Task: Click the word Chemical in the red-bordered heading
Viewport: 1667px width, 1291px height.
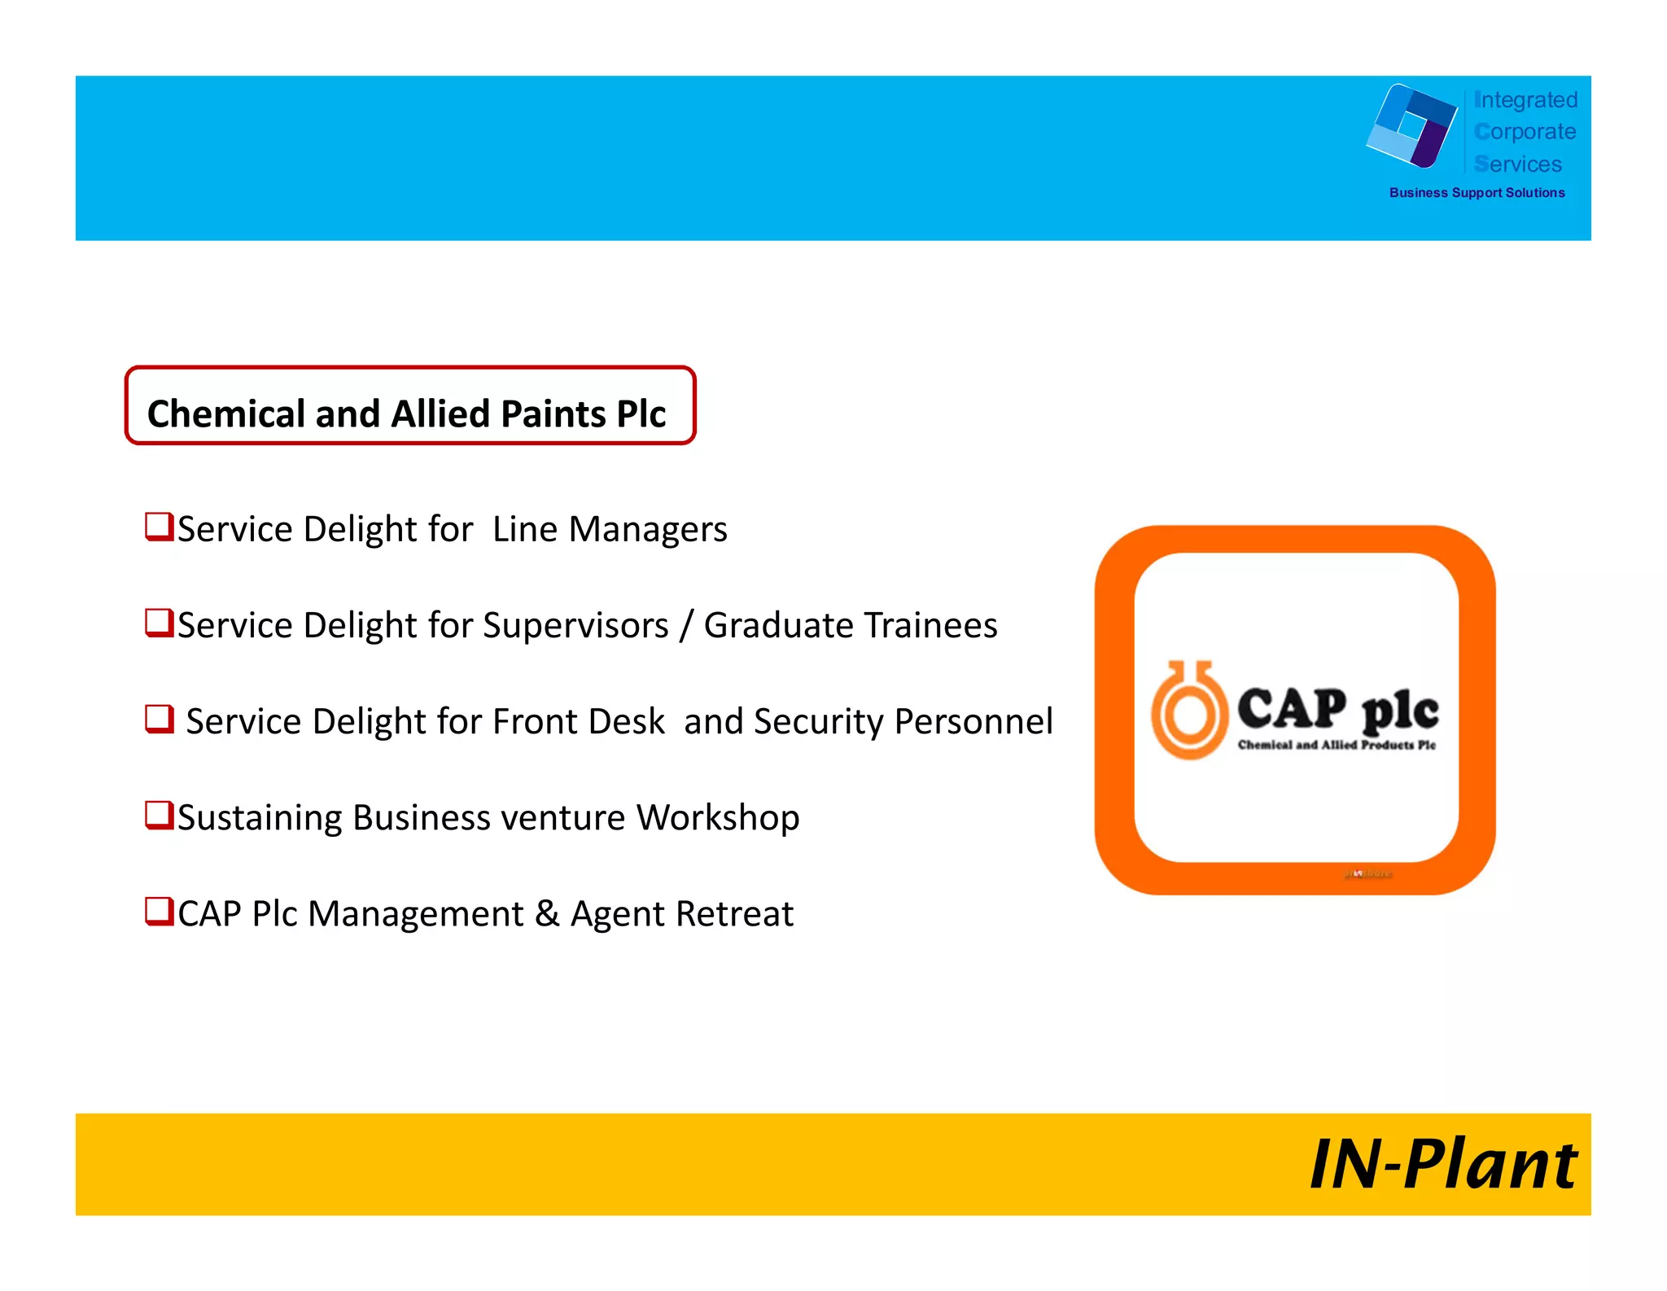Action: tap(225, 414)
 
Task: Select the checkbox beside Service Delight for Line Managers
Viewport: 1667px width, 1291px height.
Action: tap(159, 526)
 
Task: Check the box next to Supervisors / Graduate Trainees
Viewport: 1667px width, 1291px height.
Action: tap(159, 623)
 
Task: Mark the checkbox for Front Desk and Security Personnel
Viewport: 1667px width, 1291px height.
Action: tap(159, 719)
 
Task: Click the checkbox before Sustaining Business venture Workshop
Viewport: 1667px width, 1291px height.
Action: tap(159, 815)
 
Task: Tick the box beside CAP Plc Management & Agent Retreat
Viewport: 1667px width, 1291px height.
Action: tap(159, 911)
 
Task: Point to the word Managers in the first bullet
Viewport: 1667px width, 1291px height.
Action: tap(648, 530)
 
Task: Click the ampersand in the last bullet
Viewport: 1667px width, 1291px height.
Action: tap(547, 913)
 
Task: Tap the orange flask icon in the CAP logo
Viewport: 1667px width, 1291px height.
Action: tap(1188, 711)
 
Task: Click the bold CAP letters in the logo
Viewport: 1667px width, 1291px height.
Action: tap(1292, 708)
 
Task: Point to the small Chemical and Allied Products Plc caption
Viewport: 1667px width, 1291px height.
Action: tap(1337, 745)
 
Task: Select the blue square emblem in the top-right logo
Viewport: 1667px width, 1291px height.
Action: tap(1412, 125)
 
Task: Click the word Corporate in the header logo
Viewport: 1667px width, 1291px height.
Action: tap(1525, 132)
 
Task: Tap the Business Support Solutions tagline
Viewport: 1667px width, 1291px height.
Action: tap(1477, 193)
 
